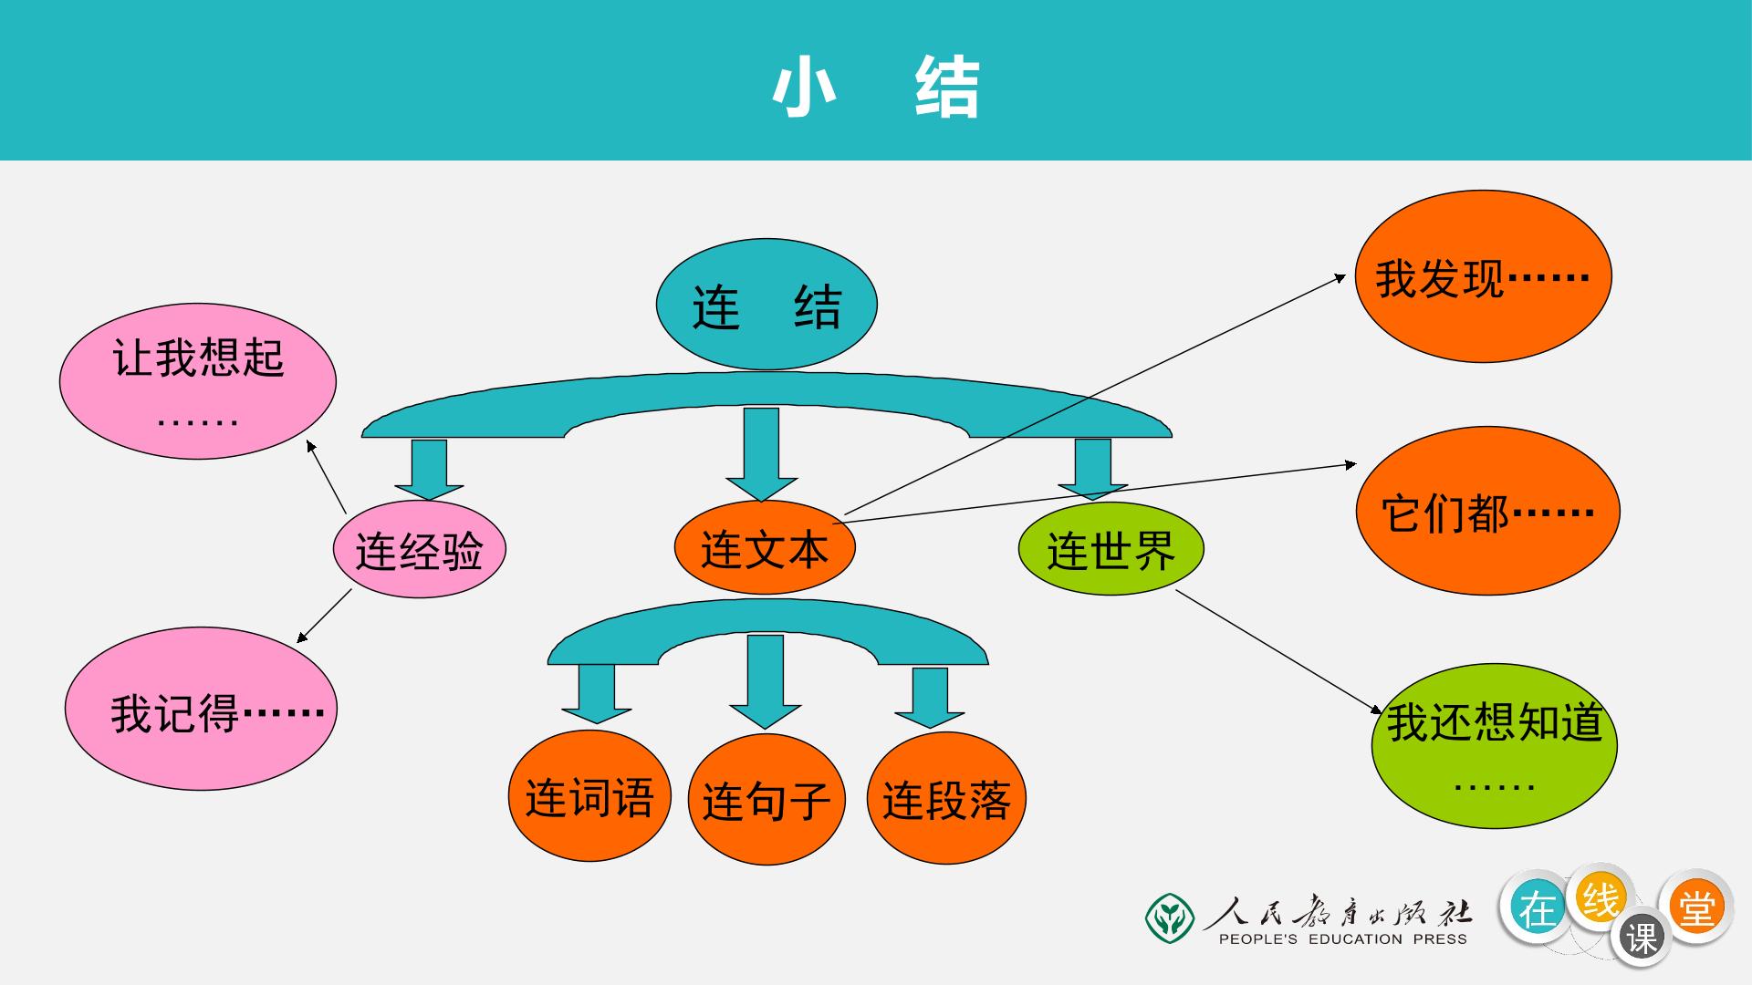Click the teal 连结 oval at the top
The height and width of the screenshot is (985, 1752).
[x=766, y=305]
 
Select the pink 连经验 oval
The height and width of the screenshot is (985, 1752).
[x=419, y=549]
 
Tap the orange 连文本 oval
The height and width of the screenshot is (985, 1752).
[x=765, y=547]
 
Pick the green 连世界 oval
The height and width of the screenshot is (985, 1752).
[x=1111, y=548]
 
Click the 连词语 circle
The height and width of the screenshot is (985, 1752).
[x=589, y=795]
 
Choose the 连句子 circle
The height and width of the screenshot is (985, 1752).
[x=766, y=800]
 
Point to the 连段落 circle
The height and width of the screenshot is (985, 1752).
[x=946, y=798]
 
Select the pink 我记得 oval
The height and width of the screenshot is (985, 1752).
[x=201, y=709]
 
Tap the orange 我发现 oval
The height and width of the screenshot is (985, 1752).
[x=1484, y=276]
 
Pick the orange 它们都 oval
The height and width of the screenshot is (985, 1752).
[x=1488, y=511]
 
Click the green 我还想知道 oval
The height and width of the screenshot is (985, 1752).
[x=1495, y=746]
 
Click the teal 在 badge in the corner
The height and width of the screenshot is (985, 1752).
[x=1538, y=908]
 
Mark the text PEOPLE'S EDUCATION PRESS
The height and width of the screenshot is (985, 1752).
[x=1343, y=939]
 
